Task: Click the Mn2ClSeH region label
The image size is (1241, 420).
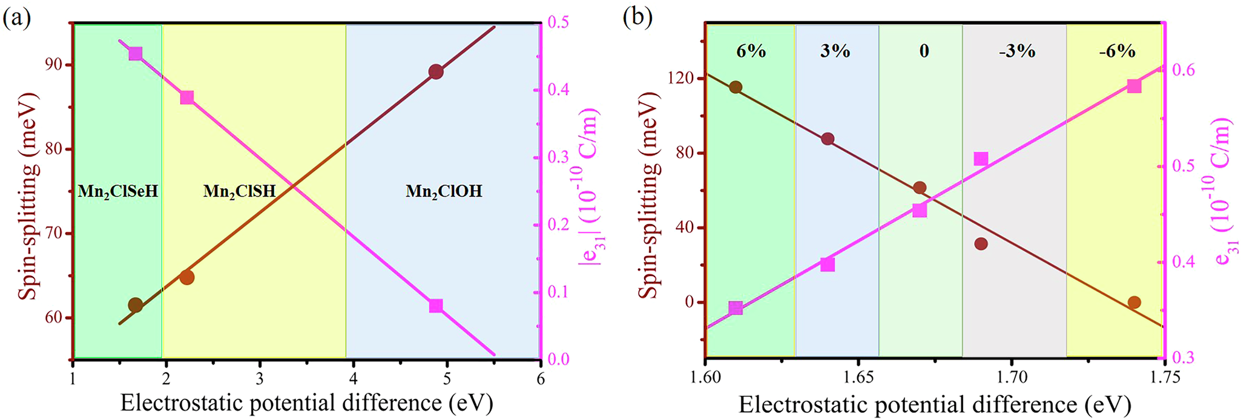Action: point(117,192)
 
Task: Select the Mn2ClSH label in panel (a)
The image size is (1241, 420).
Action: point(239,192)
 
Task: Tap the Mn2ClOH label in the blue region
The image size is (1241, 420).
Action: point(444,192)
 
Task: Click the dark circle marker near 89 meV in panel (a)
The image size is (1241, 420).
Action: point(436,72)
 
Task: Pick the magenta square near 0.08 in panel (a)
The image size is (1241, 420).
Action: point(436,306)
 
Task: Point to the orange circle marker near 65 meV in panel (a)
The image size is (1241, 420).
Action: point(187,277)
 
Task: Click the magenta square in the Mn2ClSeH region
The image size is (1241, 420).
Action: point(136,54)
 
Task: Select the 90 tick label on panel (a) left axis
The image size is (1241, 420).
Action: point(52,65)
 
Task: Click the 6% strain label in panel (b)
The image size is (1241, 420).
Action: point(751,51)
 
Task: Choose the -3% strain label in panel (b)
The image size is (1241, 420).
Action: point(1017,51)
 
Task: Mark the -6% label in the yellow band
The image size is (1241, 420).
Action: point(1117,51)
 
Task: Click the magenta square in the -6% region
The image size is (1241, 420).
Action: point(1134,86)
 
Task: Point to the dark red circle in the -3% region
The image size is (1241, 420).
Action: point(981,244)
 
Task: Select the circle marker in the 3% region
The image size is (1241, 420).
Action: point(828,139)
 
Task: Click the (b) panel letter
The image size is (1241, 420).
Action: point(638,18)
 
